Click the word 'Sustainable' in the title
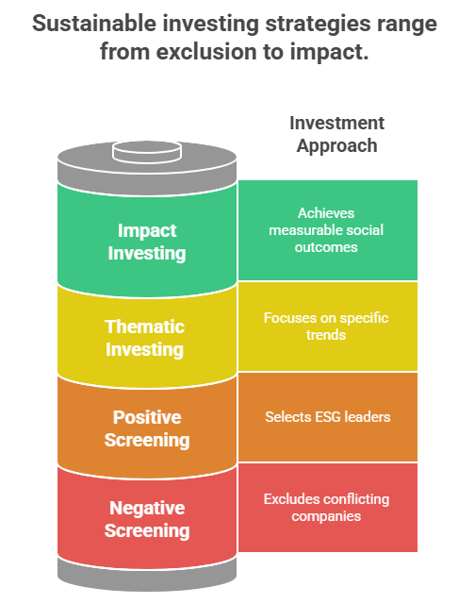94,23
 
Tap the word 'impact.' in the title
329,52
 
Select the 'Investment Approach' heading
336,134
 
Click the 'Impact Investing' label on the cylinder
147,242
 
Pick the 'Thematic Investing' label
144,338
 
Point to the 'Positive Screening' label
147,428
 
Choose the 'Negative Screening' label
147,519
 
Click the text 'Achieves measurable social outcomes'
326,230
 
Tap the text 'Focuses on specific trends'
326,327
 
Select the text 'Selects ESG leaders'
328,417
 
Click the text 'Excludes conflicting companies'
326,508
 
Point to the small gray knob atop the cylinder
147,151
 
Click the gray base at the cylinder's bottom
147,575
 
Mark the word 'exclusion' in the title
206,52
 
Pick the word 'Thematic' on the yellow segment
144,327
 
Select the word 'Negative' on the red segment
147,508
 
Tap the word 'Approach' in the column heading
336,146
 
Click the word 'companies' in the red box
326,516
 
